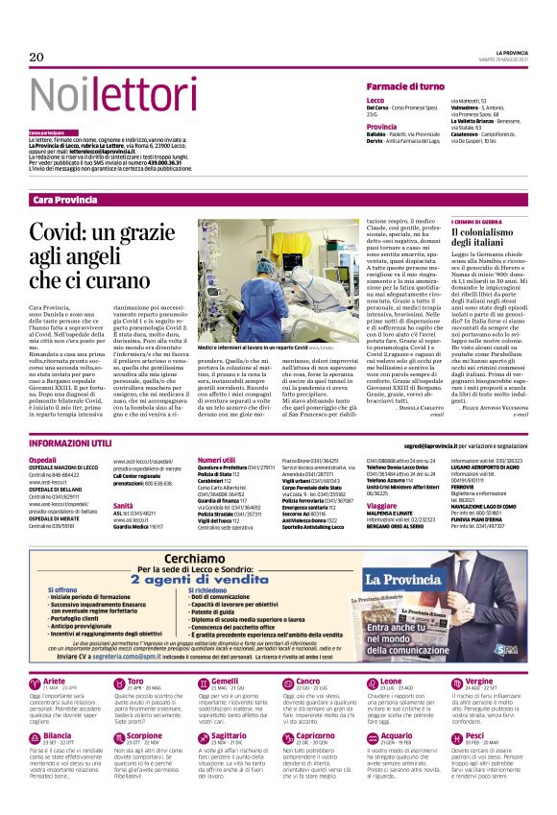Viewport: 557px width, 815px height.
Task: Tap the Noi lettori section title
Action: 103,95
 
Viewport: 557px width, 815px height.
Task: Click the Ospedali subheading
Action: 43,461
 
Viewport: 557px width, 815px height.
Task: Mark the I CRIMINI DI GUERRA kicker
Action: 476,223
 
